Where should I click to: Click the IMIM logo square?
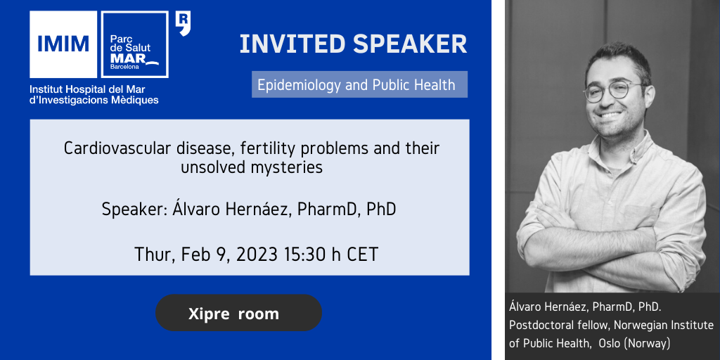pyautogui.click(x=63, y=44)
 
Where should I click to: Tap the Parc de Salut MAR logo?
pyautogui.click(x=134, y=44)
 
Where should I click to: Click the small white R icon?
pyautogui.click(x=184, y=24)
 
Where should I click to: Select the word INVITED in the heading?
pyautogui.click(x=292, y=44)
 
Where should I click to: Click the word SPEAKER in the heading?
pyautogui.click(x=410, y=44)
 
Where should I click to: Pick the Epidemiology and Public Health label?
pyautogui.click(x=356, y=85)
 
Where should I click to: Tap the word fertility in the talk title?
pyautogui.click(x=285, y=149)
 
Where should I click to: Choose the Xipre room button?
pyautogui.click(x=239, y=313)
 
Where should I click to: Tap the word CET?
pyautogui.click(x=362, y=254)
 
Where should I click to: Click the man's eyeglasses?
pyautogui.click(x=613, y=91)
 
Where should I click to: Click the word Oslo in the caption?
pyautogui.click(x=610, y=343)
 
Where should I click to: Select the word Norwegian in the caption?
pyautogui.click(x=638, y=325)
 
